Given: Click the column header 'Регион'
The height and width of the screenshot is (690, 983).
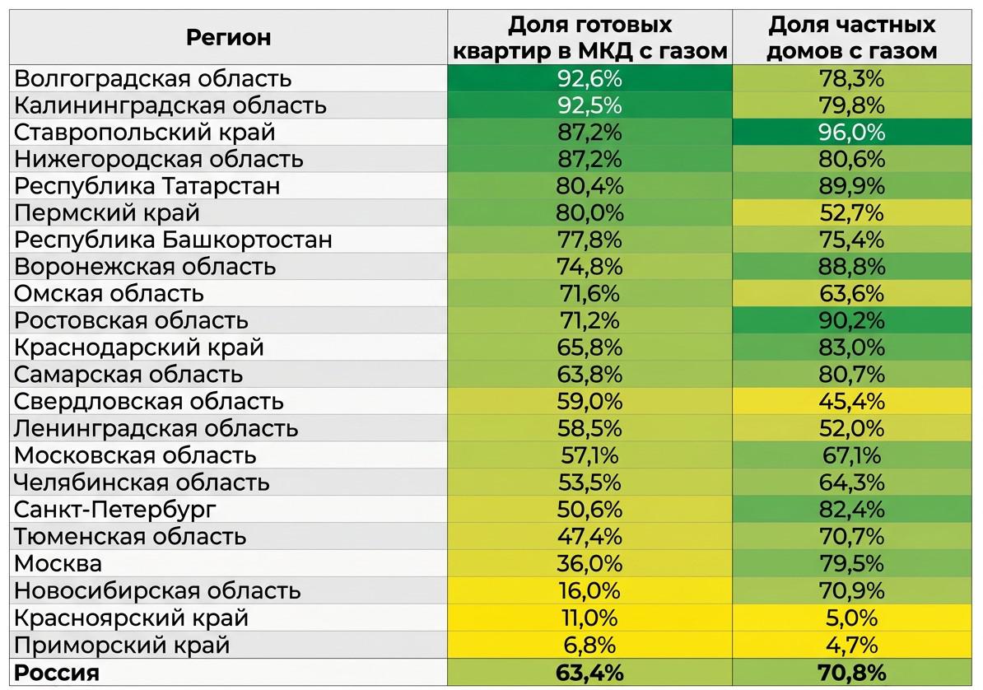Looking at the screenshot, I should (228, 37).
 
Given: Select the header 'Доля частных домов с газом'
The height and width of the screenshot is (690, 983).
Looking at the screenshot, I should (852, 37).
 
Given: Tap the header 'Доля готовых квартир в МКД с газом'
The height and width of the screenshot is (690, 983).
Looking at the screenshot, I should (589, 37).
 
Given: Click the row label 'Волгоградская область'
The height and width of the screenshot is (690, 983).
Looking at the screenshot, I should (154, 79).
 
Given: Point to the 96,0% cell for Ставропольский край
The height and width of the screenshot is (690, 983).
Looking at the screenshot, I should (852, 133).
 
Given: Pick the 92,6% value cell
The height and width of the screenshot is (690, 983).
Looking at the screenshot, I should (589, 79).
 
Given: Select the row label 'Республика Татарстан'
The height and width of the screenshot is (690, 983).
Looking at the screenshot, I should (147, 186).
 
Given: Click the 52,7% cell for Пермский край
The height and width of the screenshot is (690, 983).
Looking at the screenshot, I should (852, 213).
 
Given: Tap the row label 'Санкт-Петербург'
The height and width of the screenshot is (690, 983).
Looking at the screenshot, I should (115, 510).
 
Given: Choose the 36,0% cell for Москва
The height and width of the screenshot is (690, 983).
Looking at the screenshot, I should (589, 564).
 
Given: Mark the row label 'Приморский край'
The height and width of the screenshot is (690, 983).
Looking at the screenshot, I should (122, 645).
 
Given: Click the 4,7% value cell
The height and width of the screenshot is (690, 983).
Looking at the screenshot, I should (852, 645).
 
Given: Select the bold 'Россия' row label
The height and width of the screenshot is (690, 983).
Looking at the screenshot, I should (57, 673).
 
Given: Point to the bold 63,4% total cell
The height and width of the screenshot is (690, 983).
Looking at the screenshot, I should (589, 673).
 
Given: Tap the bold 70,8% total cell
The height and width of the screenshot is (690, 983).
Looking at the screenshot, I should (852, 673).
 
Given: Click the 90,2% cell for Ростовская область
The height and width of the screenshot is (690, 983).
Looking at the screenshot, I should (852, 321).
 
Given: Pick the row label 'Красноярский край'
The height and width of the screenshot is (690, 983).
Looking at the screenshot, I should (132, 618).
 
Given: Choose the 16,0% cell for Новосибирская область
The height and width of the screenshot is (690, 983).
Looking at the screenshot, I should (589, 591).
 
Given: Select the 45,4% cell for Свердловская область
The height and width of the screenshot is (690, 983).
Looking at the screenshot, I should (852, 402).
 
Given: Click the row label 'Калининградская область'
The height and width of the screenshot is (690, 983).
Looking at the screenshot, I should (170, 106).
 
